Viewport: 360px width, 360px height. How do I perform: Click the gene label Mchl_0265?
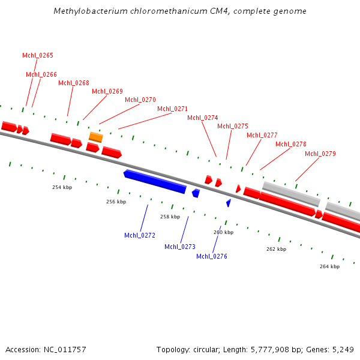click(38, 55)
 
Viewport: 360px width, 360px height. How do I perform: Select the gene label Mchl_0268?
click(74, 83)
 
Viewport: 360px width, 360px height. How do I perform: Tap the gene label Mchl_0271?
click(172, 109)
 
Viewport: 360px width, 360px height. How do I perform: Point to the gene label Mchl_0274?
click(203, 118)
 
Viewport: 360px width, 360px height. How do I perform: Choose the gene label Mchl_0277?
click(262, 135)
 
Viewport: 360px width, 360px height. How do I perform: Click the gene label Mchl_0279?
click(320, 154)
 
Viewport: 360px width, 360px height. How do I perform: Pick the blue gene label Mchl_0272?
click(140, 235)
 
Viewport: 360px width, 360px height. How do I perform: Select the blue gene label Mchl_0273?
click(180, 247)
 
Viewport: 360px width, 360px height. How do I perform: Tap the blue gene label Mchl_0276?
click(212, 256)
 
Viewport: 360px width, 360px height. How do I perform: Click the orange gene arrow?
click(96, 137)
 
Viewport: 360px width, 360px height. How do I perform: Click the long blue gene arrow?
click(155, 181)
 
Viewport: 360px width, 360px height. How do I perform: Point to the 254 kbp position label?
click(62, 187)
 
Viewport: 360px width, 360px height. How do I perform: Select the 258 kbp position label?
click(170, 217)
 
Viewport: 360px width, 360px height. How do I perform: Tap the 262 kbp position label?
click(276, 249)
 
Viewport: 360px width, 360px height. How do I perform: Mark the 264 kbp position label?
click(329, 266)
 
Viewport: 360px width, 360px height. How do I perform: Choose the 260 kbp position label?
click(223, 232)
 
